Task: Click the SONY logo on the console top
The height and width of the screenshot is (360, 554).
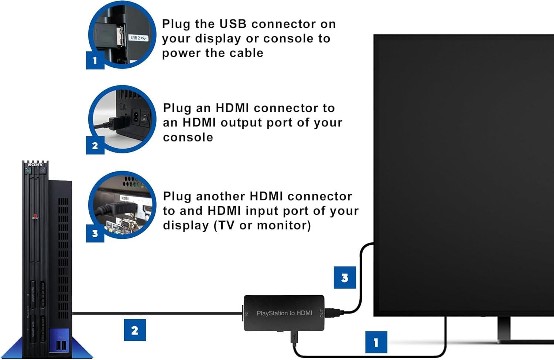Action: click(35, 164)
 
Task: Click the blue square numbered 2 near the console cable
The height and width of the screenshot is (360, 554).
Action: click(134, 330)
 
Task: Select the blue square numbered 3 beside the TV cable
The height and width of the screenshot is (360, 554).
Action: click(345, 278)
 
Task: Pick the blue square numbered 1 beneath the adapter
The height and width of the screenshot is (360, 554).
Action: click(376, 342)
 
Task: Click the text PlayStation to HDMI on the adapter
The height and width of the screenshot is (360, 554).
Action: click(284, 313)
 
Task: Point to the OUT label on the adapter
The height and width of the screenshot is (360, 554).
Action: click(321, 313)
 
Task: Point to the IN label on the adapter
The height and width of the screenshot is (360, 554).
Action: click(247, 313)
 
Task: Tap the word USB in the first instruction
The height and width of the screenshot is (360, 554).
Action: click(233, 24)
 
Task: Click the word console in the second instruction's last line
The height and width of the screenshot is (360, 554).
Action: click(188, 137)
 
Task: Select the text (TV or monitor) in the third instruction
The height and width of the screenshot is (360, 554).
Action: click(263, 225)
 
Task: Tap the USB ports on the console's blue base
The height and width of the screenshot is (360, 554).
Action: click(61, 345)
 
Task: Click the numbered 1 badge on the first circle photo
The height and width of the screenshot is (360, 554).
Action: click(95, 60)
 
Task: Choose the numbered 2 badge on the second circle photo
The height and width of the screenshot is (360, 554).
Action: click(95, 145)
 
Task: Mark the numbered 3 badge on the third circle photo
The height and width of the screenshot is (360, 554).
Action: click(95, 234)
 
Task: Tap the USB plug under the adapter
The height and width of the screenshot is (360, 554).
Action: click(294, 337)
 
